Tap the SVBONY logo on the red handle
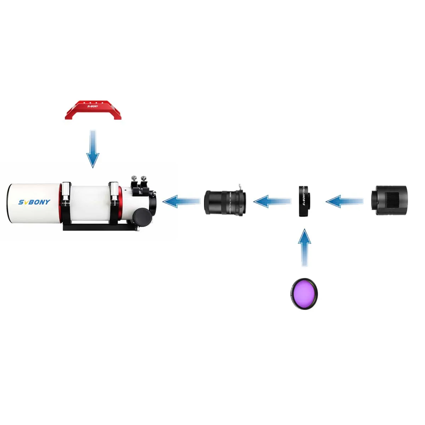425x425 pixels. [x=92, y=106]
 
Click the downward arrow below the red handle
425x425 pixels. [x=93, y=149]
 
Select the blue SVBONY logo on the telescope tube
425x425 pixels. [x=34, y=202]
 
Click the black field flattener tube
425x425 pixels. [x=225, y=202]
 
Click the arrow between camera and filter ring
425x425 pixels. [x=344, y=202]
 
